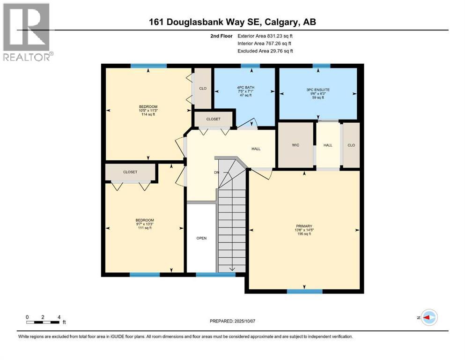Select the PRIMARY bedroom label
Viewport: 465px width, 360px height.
point(303,226)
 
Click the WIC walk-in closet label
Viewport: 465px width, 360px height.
point(295,145)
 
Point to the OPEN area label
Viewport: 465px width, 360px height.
point(201,238)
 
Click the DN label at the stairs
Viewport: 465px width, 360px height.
point(216,172)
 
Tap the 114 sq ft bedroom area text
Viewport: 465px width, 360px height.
point(148,115)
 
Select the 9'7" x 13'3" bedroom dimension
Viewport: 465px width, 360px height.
point(145,224)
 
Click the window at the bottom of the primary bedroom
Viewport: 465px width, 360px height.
point(304,291)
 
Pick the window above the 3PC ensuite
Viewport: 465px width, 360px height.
point(321,66)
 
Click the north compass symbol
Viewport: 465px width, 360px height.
point(428,318)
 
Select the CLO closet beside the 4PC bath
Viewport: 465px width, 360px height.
point(203,88)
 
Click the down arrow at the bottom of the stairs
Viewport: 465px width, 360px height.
point(232,268)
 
